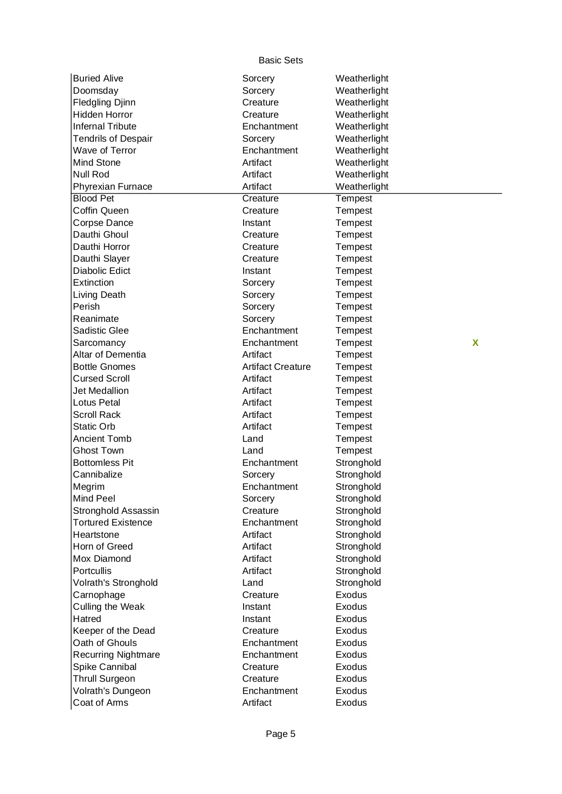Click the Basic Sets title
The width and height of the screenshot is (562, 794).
280,60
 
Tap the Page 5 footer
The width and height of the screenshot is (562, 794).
280,734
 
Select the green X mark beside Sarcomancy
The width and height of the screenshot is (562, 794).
475,343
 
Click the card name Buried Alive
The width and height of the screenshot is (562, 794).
98,78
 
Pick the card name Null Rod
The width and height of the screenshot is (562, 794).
91,174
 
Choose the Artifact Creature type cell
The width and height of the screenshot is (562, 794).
276,367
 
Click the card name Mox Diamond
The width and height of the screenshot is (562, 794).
102,559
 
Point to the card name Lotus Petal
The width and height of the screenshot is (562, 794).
96,402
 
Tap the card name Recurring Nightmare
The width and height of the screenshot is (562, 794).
116,655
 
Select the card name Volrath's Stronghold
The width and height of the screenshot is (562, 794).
115,583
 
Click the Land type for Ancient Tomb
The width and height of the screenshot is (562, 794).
253,439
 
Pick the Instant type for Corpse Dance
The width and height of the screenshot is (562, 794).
256,223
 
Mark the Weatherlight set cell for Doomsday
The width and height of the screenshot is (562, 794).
362,91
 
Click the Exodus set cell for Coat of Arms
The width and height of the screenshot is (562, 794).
351,703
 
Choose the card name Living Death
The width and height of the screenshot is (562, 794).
99,295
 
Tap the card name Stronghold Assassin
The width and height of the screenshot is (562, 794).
116,511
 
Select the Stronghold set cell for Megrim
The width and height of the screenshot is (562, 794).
358,487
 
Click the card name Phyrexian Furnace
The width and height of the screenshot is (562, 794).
112,187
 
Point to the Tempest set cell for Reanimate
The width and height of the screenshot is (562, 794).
354,319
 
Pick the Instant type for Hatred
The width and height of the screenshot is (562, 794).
256,619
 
